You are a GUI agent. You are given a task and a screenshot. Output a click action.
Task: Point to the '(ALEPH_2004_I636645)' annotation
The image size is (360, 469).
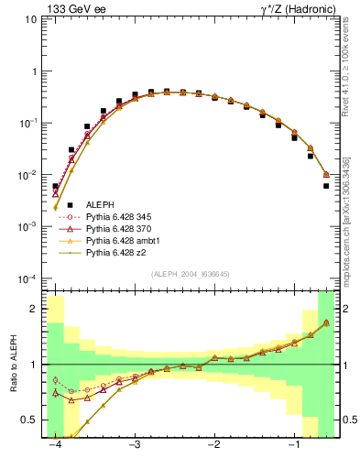pos(191,273)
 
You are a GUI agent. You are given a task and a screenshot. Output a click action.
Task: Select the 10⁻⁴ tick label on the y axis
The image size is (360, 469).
pos(31,278)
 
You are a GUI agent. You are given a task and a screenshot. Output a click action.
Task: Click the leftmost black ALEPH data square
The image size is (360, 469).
pos(56,186)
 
